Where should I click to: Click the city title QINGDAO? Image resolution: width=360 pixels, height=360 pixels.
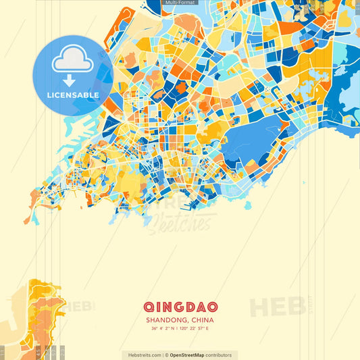180,306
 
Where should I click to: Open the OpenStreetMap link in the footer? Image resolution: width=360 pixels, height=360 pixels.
192,355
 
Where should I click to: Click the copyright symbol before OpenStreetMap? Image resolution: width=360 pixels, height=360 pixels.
166,355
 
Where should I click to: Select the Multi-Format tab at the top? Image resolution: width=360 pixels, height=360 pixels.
180,3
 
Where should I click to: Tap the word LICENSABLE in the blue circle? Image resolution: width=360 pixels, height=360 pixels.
72,95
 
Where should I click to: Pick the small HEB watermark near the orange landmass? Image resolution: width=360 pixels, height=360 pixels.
81,306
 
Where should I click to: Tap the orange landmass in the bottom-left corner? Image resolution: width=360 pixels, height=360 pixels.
34,324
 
